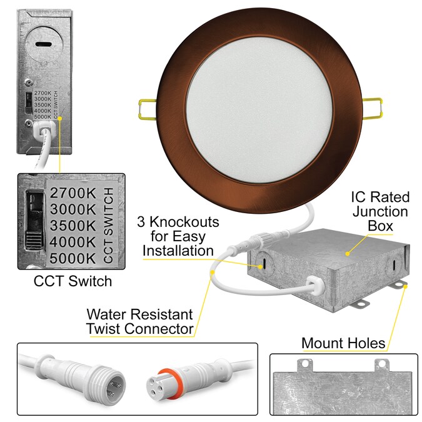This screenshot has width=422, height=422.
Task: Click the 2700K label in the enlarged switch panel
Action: coord(73,193)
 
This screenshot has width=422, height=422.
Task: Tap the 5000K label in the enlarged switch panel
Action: coord(73,258)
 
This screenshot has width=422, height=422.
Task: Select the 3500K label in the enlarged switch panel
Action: coord(73,226)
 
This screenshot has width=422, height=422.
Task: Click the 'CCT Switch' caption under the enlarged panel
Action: coord(73,281)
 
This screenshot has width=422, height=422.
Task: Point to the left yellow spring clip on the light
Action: coord(147,109)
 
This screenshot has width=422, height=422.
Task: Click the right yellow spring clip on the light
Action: coord(373,108)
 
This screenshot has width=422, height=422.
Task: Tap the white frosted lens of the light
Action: coord(259,110)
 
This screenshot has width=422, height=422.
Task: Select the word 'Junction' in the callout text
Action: coord(380,211)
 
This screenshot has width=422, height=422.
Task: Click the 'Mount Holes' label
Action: coord(343,343)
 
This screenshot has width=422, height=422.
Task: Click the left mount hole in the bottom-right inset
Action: coord(305,364)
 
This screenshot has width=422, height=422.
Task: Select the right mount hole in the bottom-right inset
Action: coord(382,364)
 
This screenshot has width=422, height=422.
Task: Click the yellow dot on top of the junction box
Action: coord(348,254)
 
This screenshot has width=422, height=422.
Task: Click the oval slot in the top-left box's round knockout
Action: coord(42,44)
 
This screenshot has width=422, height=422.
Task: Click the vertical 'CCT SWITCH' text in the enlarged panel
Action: coord(108,226)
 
